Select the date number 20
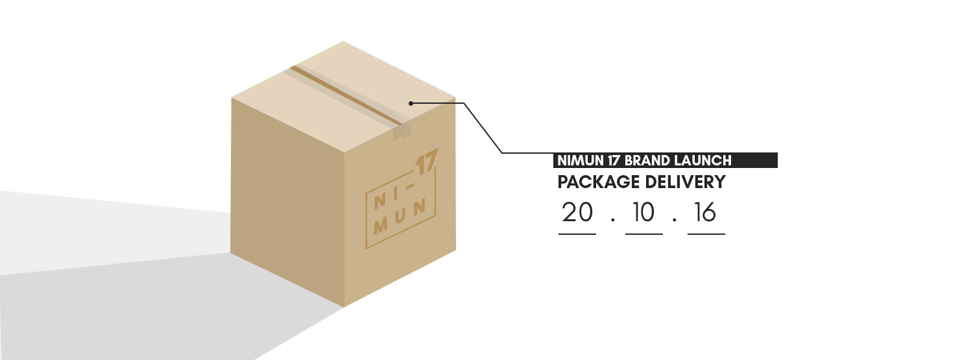(577, 213)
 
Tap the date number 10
(643, 213)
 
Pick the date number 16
(706, 213)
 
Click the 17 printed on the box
(427, 162)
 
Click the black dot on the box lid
(411, 102)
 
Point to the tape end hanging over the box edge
(402, 132)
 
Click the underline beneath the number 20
(577, 234)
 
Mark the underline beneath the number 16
(706, 234)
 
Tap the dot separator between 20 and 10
(612, 219)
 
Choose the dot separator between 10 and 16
(675, 219)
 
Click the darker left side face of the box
(285, 201)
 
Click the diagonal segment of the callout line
(483, 128)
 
